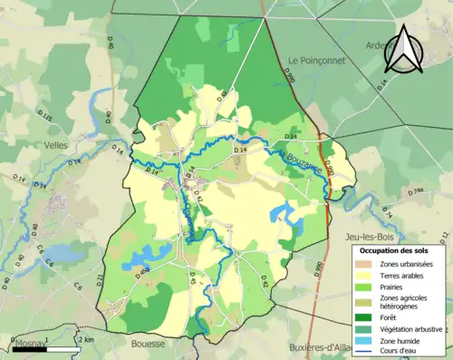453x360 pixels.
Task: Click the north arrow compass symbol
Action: (405, 50)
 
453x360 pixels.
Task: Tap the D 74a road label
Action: (415, 191)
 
